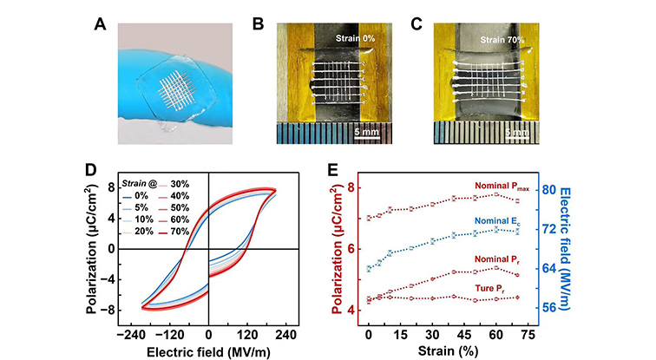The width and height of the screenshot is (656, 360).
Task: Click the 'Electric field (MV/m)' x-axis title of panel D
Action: tap(208, 350)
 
